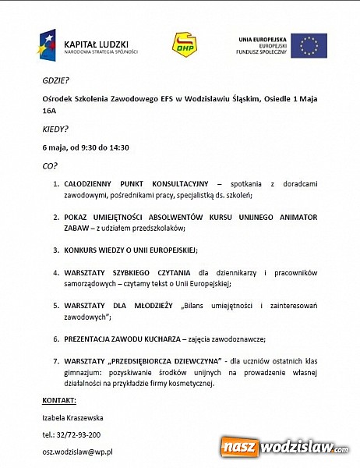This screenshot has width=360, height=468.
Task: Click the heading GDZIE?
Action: tap(55, 81)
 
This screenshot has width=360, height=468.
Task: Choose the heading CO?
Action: tap(50, 165)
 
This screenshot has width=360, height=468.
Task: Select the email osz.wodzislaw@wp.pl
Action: tap(78, 452)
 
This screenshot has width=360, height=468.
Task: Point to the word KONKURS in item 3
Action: tap(84, 250)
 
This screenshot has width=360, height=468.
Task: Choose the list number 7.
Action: tap(55, 361)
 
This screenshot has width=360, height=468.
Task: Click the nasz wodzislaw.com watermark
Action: tap(285, 448)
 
